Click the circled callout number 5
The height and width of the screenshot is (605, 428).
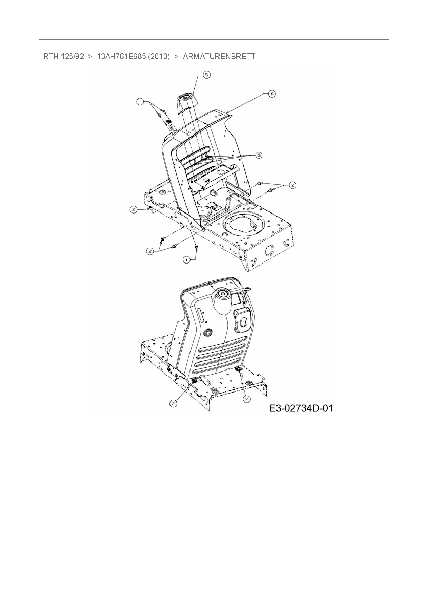[206, 75]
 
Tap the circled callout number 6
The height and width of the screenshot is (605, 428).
[272, 93]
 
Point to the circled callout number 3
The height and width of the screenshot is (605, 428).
[259, 155]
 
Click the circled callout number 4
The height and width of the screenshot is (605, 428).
[186, 260]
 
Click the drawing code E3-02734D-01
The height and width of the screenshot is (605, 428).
[301, 408]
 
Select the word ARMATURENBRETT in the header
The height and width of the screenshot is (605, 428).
[219, 56]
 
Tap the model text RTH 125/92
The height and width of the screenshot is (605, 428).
[64, 56]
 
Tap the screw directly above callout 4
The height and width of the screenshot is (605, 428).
[196, 247]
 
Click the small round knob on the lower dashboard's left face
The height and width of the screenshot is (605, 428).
[208, 333]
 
